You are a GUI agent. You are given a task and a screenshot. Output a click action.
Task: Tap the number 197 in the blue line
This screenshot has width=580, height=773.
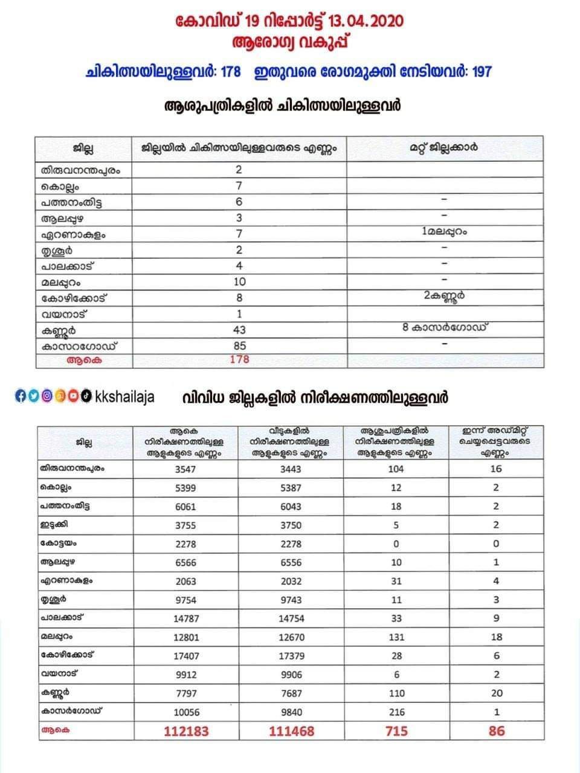482,72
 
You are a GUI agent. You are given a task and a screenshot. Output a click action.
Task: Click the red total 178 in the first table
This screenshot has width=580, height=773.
239,360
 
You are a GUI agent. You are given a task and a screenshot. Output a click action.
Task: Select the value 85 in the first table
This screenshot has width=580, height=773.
239,345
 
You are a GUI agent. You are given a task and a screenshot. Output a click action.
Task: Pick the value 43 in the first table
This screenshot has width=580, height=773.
239,330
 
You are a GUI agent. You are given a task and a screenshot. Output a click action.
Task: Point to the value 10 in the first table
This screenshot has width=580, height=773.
239,282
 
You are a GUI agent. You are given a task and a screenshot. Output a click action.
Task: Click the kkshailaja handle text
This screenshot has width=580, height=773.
125,397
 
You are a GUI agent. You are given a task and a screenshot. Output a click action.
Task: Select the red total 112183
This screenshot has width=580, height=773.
186,731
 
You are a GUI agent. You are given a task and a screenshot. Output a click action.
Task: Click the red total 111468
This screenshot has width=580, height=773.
291,731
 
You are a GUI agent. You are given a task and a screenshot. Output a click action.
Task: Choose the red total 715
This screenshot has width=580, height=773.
396,731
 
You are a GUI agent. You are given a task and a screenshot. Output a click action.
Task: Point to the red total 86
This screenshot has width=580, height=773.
497,731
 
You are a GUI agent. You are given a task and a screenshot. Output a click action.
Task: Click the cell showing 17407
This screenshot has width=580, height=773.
185,656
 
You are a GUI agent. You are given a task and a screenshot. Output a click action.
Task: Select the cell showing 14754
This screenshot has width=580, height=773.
292,618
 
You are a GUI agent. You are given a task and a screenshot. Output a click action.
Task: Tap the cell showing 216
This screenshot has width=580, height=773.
396,712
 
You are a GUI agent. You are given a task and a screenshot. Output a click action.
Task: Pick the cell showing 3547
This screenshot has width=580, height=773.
185,469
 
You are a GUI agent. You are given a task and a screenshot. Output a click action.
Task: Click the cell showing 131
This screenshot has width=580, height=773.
396,637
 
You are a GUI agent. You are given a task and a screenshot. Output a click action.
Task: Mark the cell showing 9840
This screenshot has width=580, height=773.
292,712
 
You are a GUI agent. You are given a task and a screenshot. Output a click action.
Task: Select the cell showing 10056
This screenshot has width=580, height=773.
185,712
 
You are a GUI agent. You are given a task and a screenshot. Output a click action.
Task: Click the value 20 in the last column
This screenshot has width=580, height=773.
497,693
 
